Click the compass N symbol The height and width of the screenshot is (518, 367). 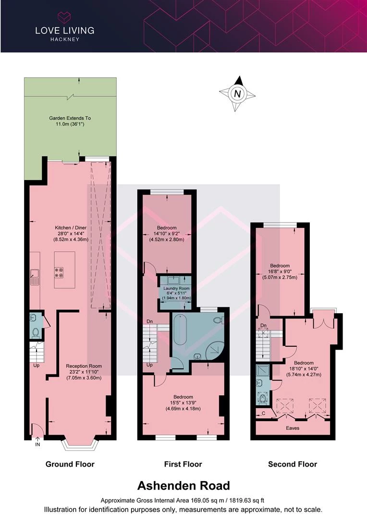pyautogui.click(x=237, y=94)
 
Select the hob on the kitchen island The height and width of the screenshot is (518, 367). pyautogui.click(x=60, y=272)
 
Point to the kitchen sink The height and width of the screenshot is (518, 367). pyautogui.click(x=34, y=277)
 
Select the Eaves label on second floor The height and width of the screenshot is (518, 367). pyautogui.click(x=293, y=428)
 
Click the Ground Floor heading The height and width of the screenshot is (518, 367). pyautogui.click(x=70, y=464)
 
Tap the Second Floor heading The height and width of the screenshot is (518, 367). pyautogui.click(x=293, y=464)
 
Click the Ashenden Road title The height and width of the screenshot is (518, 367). pyautogui.click(x=183, y=485)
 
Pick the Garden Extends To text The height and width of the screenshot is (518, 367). pyautogui.click(x=70, y=118)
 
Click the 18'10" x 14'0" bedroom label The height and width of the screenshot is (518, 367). pyautogui.click(x=304, y=369)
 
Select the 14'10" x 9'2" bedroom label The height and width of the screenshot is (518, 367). pyautogui.click(x=167, y=234)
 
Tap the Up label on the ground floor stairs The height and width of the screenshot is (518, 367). pyautogui.click(x=37, y=365)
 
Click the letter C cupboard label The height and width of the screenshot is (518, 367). pyautogui.click(x=263, y=413)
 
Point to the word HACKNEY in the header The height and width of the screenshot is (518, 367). pyautogui.click(x=64, y=39)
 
